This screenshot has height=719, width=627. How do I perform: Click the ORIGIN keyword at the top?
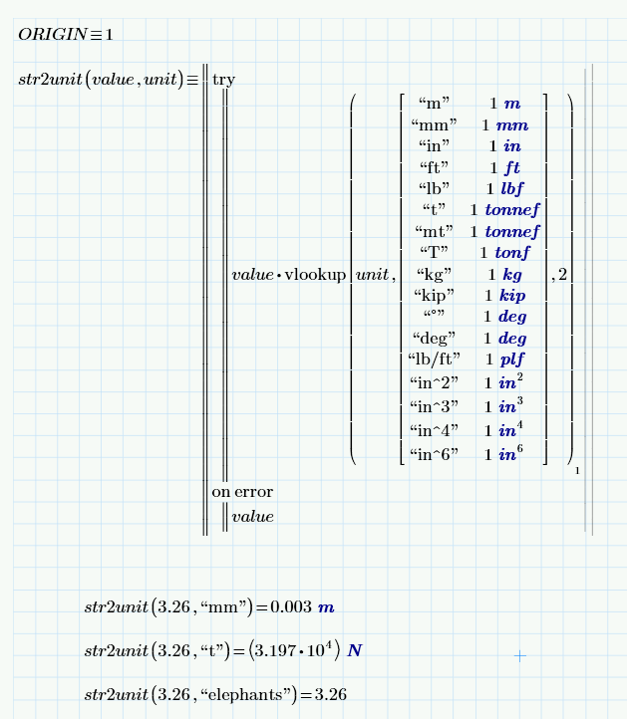pos(52,35)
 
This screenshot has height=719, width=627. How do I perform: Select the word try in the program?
pos(223,79)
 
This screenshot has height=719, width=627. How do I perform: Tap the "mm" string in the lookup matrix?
pos(435,124)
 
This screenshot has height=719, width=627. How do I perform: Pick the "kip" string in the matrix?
pos(435,295)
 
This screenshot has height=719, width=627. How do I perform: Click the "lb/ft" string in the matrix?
pos(434,359)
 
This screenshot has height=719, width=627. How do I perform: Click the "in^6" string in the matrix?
pos(435,455)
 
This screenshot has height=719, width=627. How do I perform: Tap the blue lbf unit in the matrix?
pos(511,188)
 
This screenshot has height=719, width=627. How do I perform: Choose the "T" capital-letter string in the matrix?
pos(435,252)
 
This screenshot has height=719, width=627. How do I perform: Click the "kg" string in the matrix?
pos(435,274)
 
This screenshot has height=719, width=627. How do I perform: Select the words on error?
pos(242,492)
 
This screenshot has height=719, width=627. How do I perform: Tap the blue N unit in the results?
pos(356,651)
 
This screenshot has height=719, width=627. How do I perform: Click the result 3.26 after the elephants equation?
pos(330,694)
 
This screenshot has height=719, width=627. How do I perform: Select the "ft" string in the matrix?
pos(435,166)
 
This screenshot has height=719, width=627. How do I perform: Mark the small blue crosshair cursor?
pos(519,655)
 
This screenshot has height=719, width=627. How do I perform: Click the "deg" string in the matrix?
pos(435,338)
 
